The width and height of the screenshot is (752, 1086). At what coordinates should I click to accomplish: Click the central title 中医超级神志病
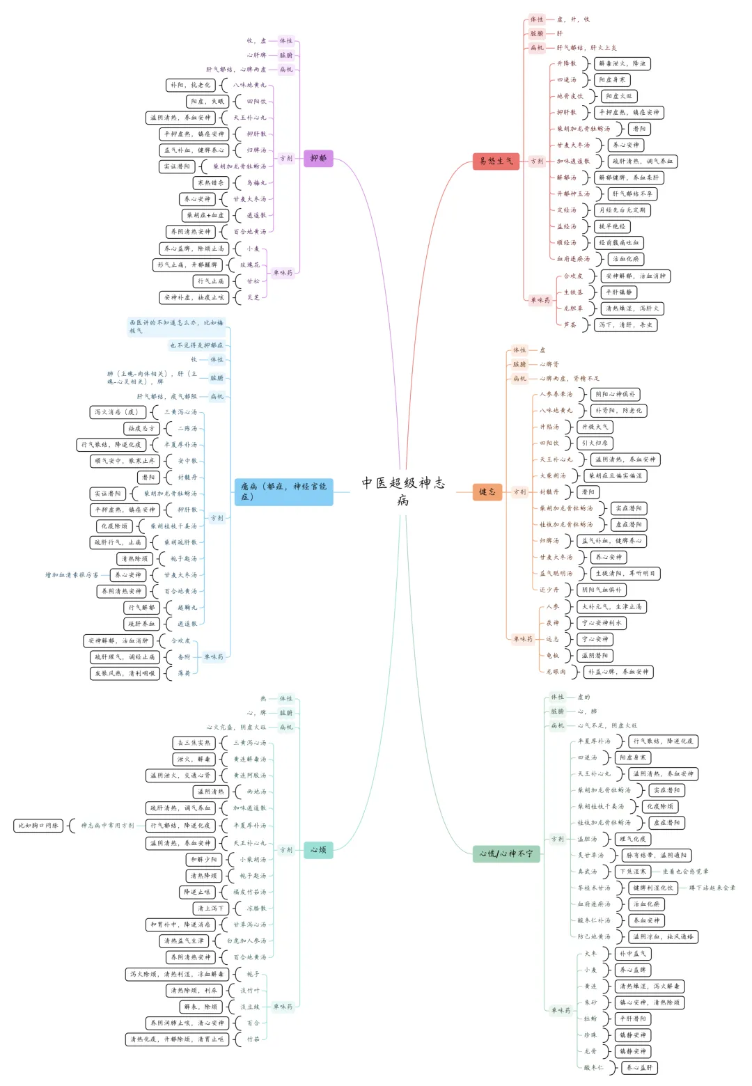point(403,490)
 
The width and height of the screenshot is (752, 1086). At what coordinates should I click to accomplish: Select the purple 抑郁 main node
point(318,159)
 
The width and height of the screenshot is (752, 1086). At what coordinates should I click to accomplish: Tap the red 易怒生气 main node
point(496,161)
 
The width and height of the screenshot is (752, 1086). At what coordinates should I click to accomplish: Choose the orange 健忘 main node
point(487,491)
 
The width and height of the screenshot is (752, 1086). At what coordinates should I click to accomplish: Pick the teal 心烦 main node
point(318,849)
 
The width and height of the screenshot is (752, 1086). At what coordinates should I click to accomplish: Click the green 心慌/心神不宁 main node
point(506,853)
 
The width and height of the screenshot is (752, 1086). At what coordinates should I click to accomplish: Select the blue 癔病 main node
point(283,491)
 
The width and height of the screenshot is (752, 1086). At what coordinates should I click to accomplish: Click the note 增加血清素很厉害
point(72,575)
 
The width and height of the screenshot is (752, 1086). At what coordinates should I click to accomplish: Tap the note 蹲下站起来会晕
point(712,888)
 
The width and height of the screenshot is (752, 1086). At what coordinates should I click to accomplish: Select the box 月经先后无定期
point(622,210)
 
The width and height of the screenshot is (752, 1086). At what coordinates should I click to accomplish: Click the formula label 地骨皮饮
point(570,96)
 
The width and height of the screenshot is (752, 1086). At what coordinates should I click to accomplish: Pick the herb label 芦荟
point(570,324)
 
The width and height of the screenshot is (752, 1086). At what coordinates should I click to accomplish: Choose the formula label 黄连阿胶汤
point(249,776)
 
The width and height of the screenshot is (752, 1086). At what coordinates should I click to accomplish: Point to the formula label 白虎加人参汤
point(246,941)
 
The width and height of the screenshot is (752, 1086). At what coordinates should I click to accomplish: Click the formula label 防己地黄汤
point(594,937)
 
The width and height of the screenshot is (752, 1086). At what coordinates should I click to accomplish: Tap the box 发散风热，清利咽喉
point(125,673)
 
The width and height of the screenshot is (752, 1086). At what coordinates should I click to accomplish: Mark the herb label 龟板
point(552,656)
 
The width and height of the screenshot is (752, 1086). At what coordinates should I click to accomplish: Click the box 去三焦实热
point(194,743)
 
